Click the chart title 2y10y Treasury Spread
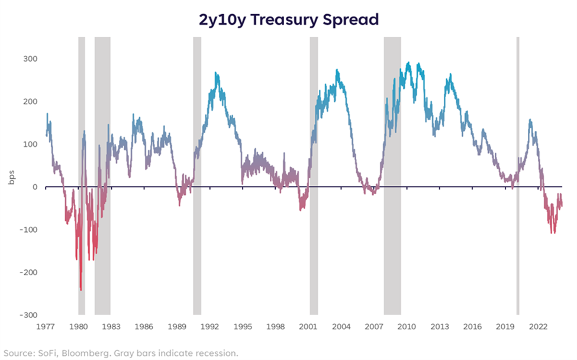pos(288,19)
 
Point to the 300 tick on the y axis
pos(30,59)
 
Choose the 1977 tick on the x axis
pos(46,326)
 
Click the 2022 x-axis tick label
pos(537,326)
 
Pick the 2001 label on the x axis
pos(308,326)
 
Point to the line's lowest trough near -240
pos(81,290)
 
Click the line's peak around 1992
pos(216,73)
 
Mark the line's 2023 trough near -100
pos(553,232)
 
